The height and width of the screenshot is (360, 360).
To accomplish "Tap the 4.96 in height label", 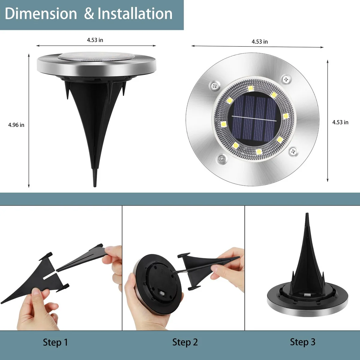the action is pyautogui.click(x=16, y=125).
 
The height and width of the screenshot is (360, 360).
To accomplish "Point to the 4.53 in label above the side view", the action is pyautogui.click(x=95, y=40).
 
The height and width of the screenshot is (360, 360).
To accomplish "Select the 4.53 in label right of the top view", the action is pyautogui.click(x=340, y=122).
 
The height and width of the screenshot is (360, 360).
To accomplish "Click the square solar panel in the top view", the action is pyautogui.click(x=254, y=119).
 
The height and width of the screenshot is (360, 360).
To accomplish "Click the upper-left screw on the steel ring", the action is pyautogui.click(x=215, y=86).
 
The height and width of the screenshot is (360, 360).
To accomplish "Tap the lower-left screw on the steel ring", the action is pyautogui.click(x=222, y=159).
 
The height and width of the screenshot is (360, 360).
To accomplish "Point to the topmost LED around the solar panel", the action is pyautogui.click(x=250, y=88).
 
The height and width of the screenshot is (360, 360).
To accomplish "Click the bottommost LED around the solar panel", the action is pyautogui.click(x=259, y=151).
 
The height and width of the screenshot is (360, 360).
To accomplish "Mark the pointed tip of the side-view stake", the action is pyautogui.click(x=95, y=186).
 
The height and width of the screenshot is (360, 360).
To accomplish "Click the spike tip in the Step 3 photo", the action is pyautogui.click(x=307, y=213).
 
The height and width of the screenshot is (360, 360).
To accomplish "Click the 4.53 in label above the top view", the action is pyautogui.click(x=260, y=42).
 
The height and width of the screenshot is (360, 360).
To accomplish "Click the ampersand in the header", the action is pyautogui.click(x=89, y=14).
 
